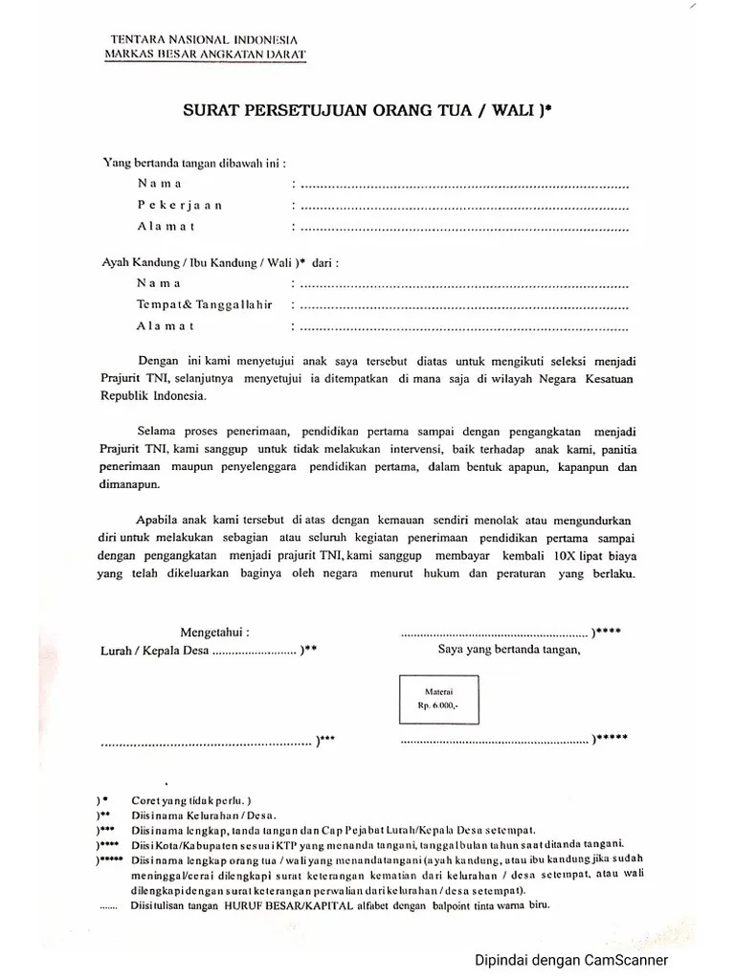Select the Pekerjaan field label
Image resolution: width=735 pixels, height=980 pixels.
tap(179, 205)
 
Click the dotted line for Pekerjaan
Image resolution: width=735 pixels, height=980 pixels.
tap(464, 206)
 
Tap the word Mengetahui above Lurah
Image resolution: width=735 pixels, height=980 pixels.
tap(215, 632)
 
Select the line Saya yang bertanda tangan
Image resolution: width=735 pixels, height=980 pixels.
tap(510, 651)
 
